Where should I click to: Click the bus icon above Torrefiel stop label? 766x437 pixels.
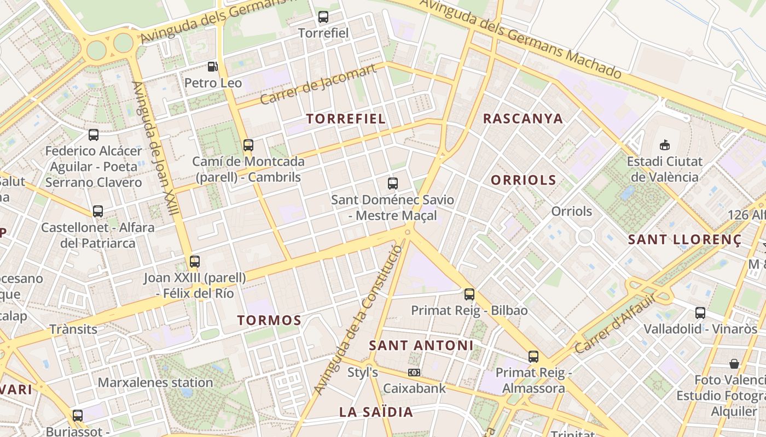coord(323,17)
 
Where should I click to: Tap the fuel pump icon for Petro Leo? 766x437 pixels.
coord(212,67)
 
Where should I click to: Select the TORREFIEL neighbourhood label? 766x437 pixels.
coord(346,119)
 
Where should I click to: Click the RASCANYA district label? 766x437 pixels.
coord(523,119)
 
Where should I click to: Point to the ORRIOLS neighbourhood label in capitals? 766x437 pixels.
coord(523,180)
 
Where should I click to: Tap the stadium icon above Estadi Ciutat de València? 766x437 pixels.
coord(665,145)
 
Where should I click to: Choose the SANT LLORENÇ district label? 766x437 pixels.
coord(684,240)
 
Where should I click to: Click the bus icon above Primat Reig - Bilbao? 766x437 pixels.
coord(469,294)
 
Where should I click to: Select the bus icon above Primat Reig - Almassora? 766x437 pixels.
coord(533,357)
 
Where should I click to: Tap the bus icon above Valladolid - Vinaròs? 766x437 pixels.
coord(700,313)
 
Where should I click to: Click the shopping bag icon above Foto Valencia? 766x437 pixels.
coord(734,364)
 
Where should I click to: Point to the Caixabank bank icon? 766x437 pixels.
coord(414,373)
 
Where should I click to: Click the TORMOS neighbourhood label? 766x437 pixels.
coord(269,321)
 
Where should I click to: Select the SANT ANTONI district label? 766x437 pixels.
coord(421,345)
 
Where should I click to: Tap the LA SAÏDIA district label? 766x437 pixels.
coord(376,412)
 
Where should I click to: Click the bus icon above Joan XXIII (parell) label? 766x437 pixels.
coord(195,261)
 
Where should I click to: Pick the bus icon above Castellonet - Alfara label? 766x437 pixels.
coord(98,211)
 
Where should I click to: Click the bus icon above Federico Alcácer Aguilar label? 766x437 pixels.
coord(94,135)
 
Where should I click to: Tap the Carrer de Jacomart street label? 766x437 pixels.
coord(318,84)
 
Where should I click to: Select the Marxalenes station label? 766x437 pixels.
coord(155,382)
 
